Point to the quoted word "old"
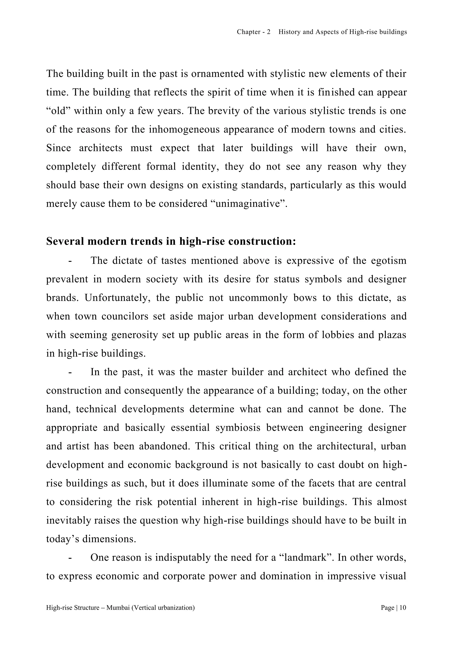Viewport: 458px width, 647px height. pyautogui.click(x=58, y=111)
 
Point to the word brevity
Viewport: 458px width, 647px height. pyautogui.click(x=218, y=111)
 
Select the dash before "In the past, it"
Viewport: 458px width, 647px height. pyautogui.click(x=70, y=372)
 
